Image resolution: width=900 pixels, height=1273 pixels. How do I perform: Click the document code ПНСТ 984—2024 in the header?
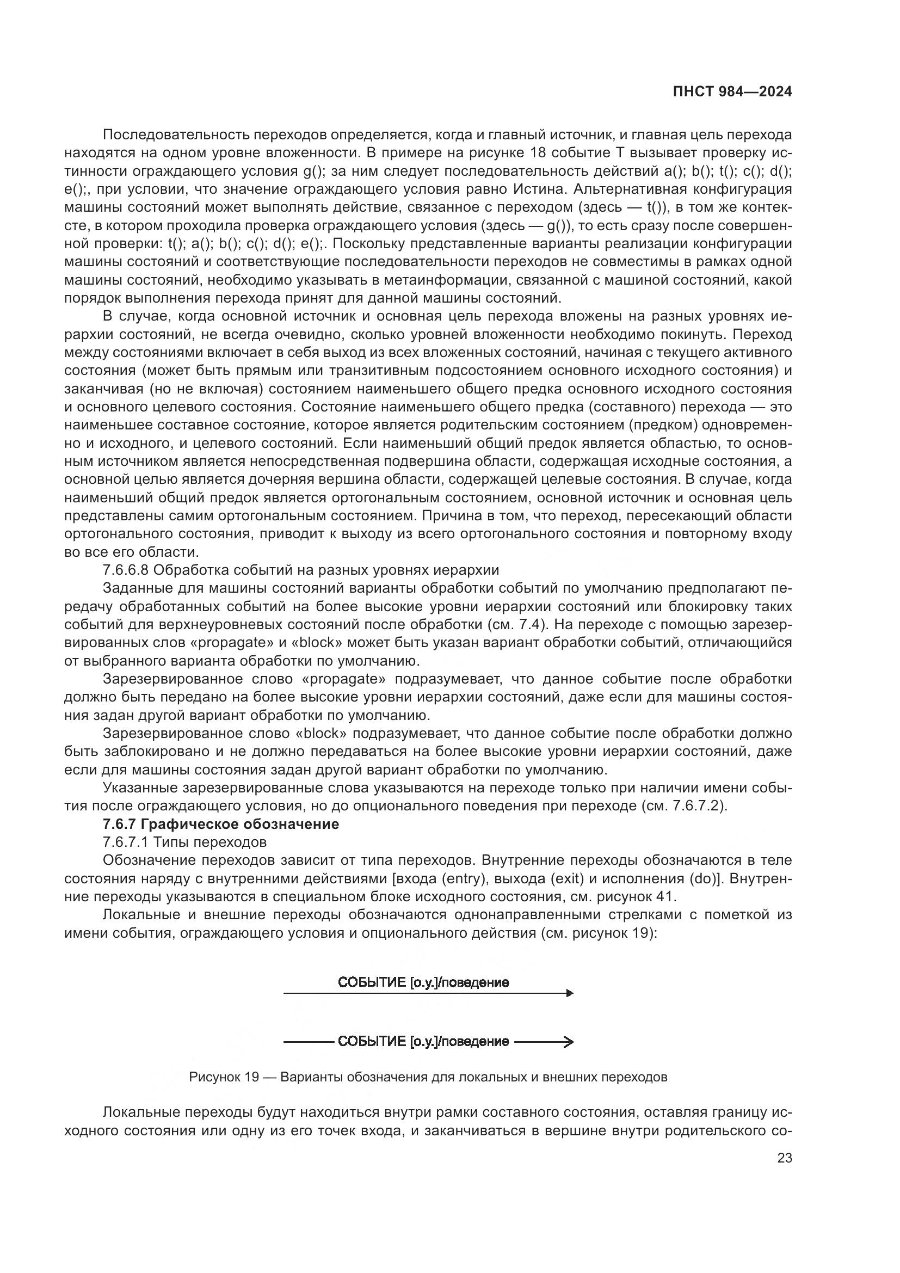pyautogui.click(x=732, y=92)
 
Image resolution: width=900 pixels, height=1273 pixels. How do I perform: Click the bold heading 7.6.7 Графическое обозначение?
pyautogui.click(x=220, y=825)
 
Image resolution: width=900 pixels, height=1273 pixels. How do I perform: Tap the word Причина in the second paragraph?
pyautogui.click(x=448, y=515)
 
